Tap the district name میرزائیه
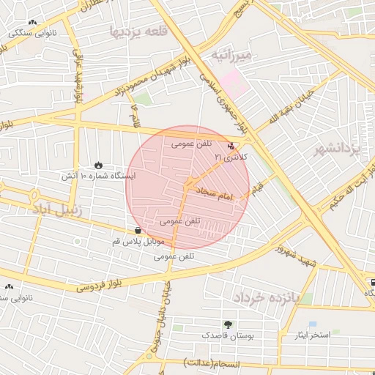(x=231, y=55)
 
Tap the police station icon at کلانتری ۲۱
(x=232, y=146)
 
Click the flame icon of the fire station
(x=99, y=165)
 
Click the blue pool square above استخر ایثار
(x=313, y=324)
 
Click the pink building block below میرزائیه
(x=235, y=79)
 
